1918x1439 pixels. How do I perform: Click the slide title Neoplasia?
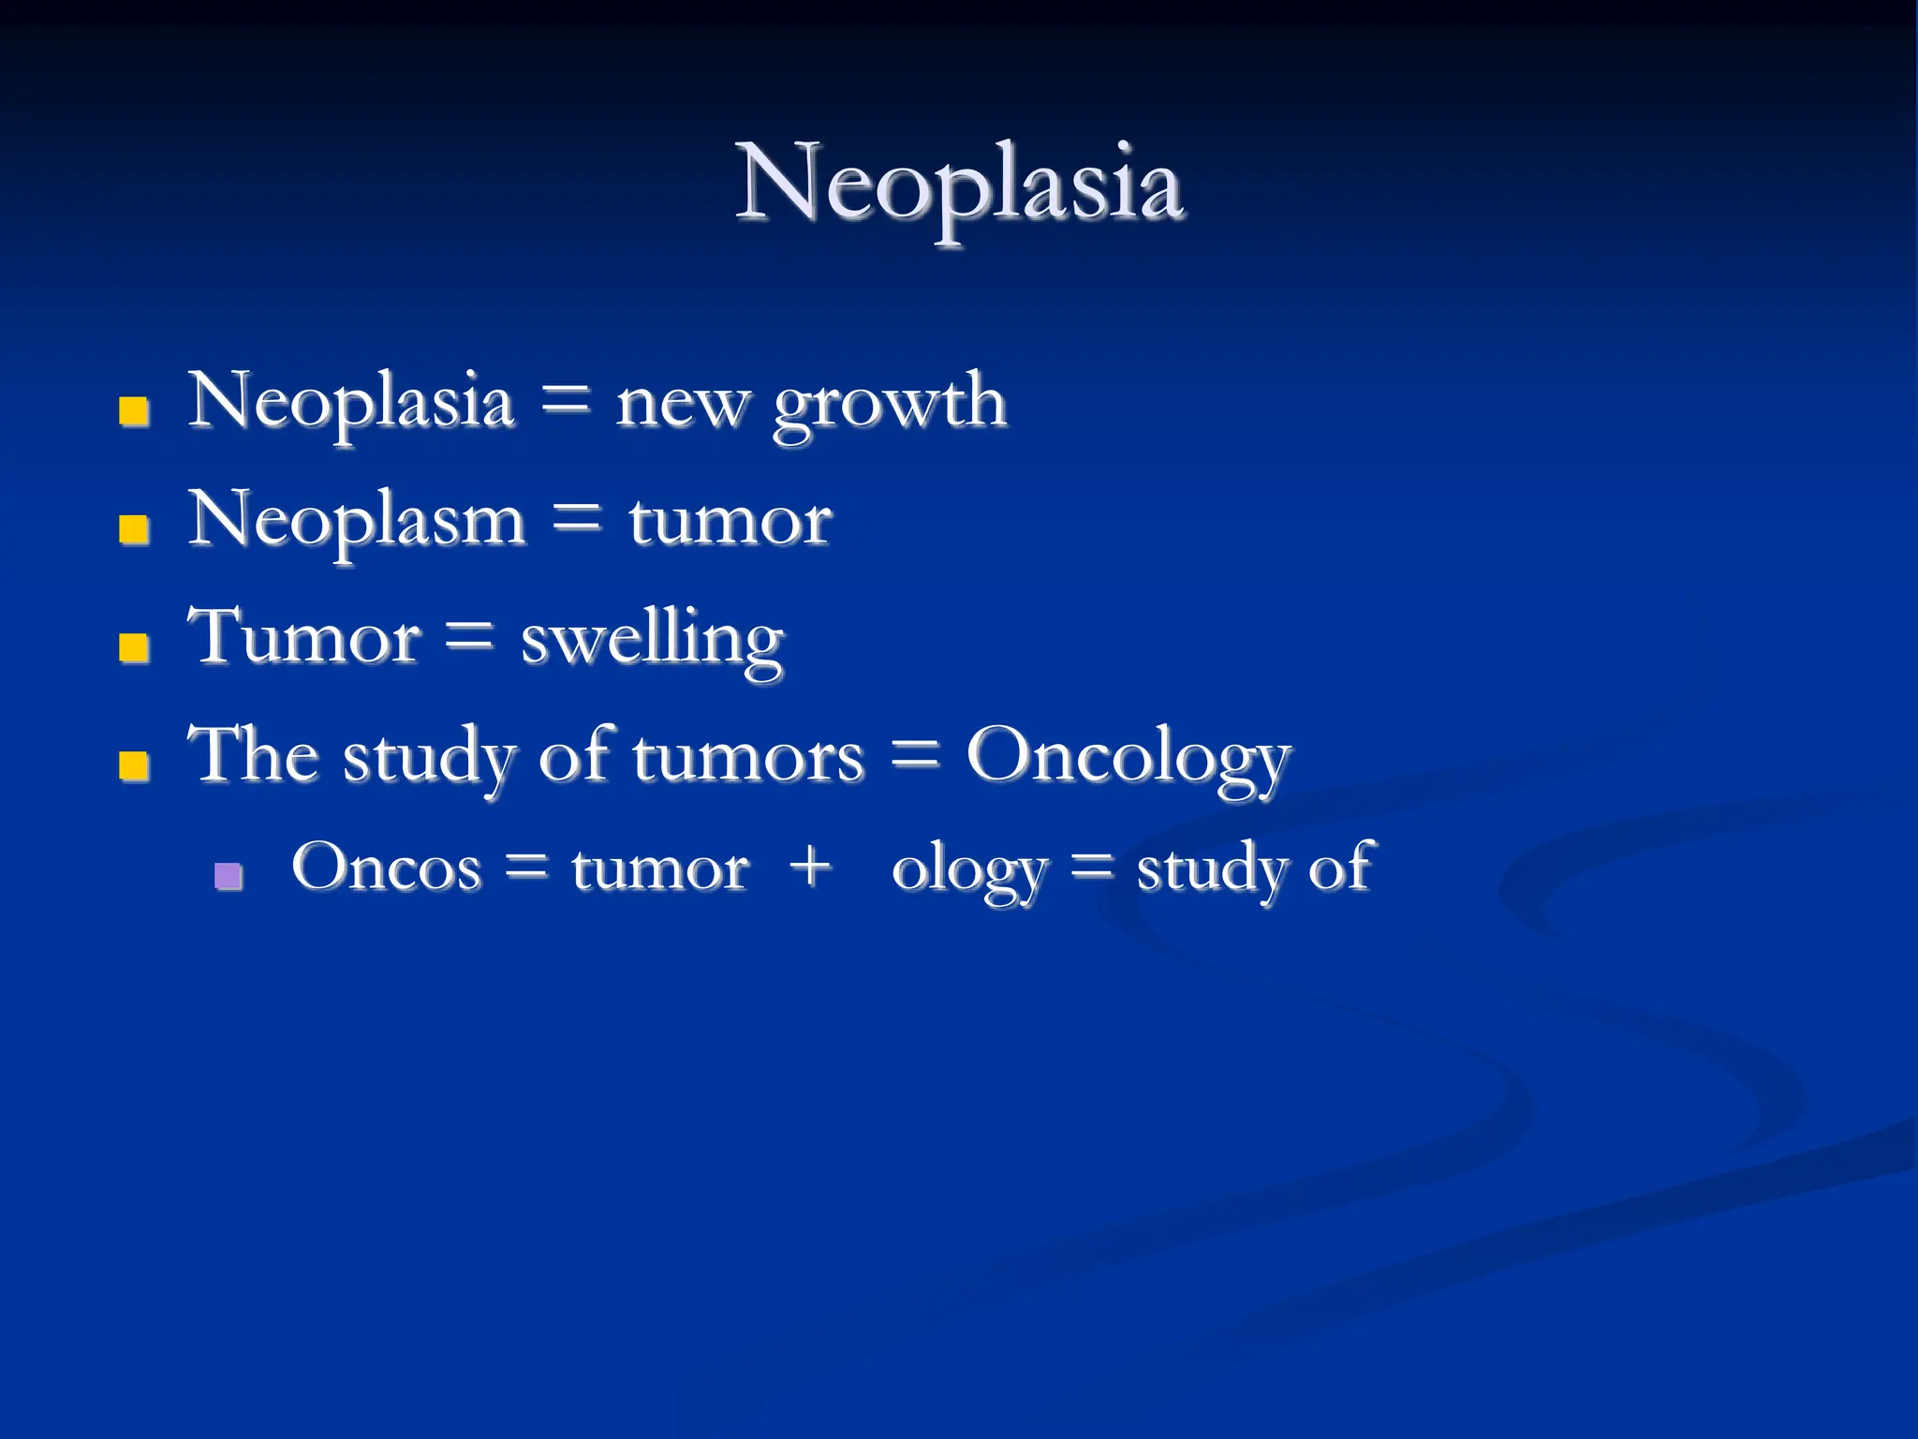point(959,184)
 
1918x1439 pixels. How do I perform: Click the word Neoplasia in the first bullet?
point(351,403)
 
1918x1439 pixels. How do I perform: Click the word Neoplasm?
point(357,522)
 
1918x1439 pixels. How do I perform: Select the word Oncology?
point(1129,757)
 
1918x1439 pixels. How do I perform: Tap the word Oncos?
point(386,868)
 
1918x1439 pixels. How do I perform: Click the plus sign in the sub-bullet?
point(810,866)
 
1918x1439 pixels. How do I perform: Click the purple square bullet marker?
point(229,876)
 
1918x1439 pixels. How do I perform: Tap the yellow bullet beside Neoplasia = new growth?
point(134,410)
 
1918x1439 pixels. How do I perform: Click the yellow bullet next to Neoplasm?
point(134,529)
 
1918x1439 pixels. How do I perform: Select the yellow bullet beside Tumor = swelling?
point(134,647)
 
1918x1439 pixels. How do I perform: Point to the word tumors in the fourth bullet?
point(747,757)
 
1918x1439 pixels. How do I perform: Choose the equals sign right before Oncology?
point(914,754)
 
